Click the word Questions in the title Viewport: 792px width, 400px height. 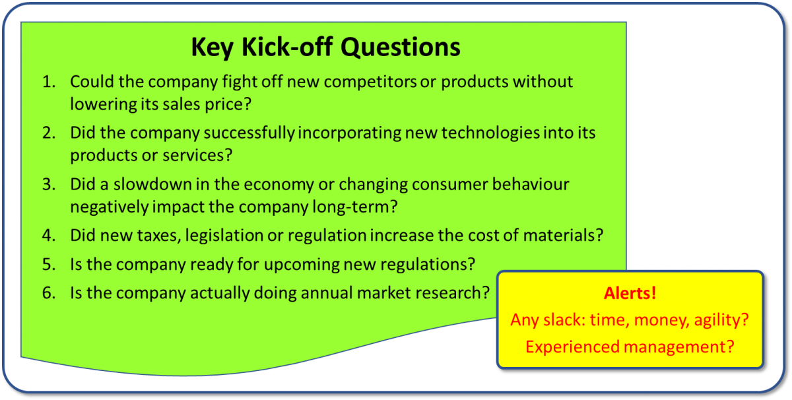click(400, 48)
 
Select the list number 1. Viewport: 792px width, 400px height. click(49, 82)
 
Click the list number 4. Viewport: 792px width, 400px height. click(49, 236)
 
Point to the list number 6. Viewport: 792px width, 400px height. click(49, 293)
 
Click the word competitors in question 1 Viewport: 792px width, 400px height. click(370, 83)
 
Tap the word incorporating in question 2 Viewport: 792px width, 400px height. click(350, 133)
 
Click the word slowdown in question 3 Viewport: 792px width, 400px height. click(152, 184)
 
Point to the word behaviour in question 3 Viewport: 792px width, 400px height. click(531, 184)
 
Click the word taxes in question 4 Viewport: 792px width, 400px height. click(159, 236)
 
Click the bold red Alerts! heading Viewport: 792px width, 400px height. click(630, 293)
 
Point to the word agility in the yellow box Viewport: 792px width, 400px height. click(721, 320)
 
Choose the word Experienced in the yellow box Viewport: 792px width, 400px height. click(572, 347)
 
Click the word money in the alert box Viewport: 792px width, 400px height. click(662, 320)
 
